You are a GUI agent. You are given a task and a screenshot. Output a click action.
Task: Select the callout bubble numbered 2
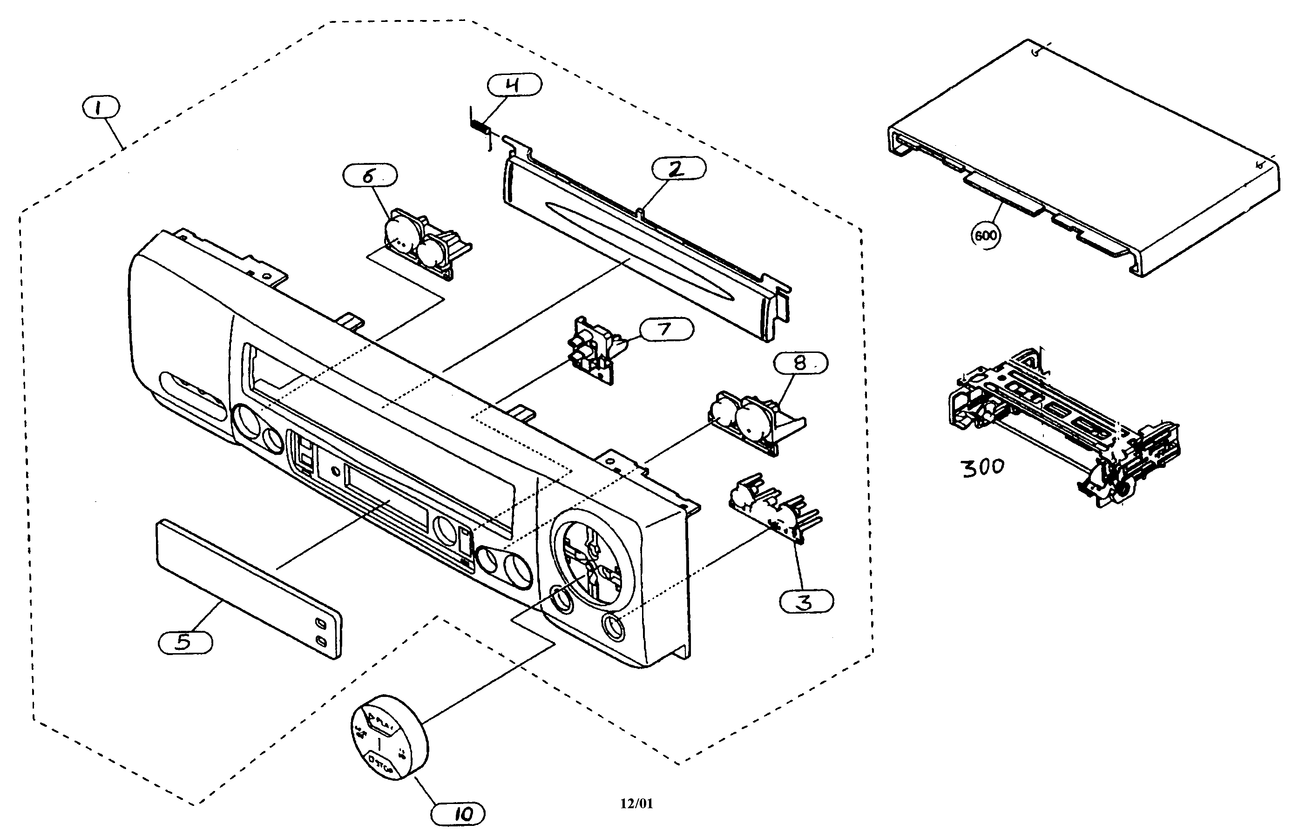(679, 168)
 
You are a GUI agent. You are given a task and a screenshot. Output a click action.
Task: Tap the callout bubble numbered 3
(806, 601)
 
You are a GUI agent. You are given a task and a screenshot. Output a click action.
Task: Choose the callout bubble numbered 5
(185, 642)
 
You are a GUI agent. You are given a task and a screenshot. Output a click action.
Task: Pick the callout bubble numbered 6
(370, 175)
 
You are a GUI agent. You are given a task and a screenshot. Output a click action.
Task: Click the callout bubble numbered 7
(666, 329)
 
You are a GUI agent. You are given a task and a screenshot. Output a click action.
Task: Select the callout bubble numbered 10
(458, 814)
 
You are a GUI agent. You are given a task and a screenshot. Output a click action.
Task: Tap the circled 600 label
(986, 235)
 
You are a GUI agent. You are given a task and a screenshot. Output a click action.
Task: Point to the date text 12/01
(636, 803)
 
